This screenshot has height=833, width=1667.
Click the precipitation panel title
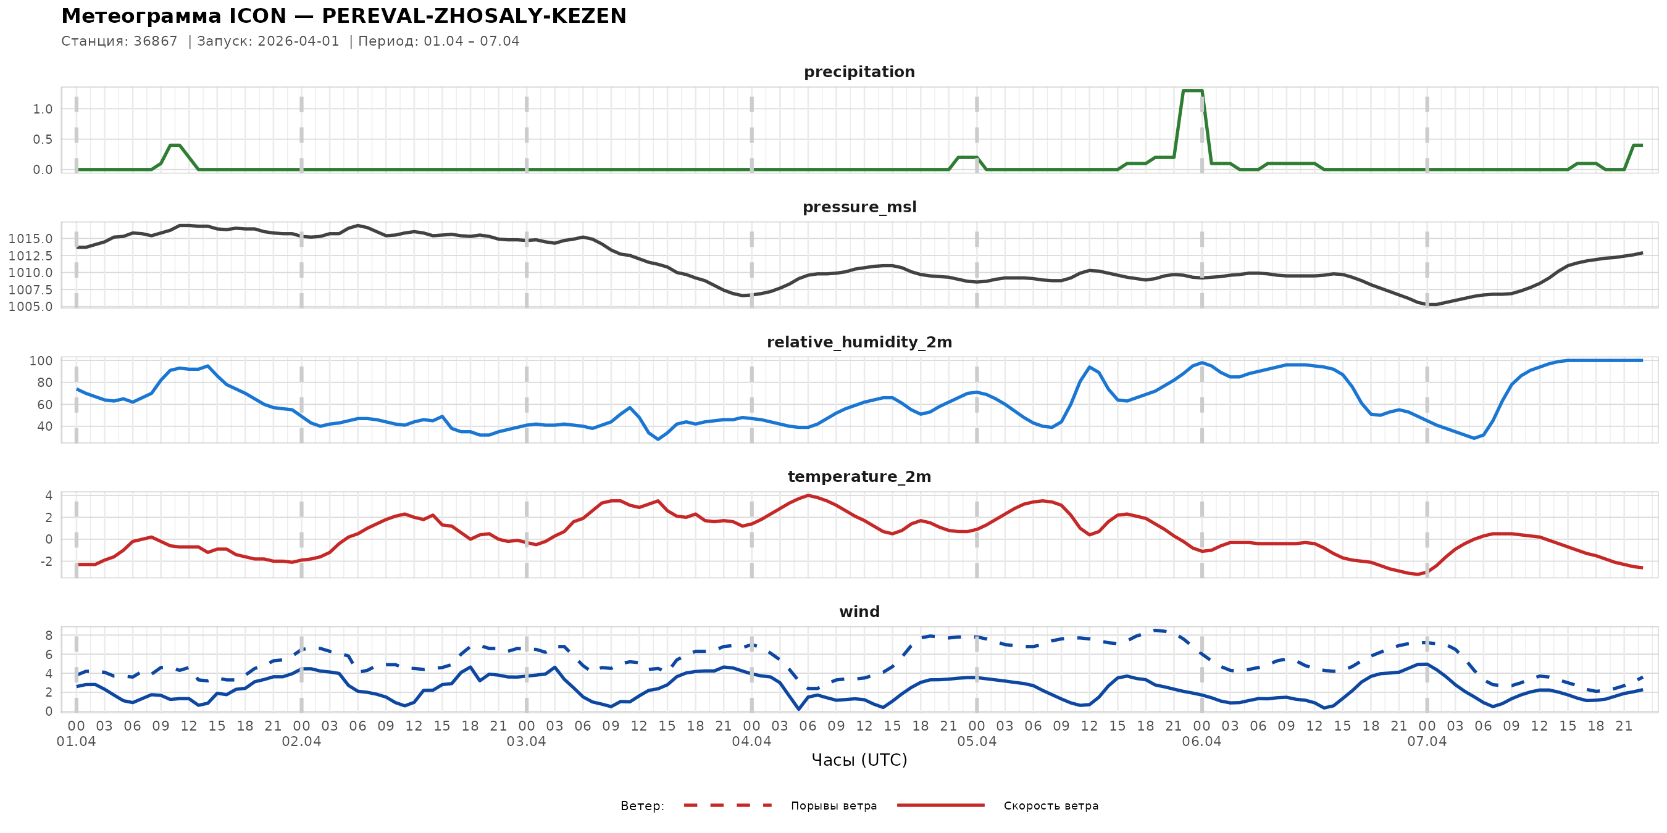tap(859, 72)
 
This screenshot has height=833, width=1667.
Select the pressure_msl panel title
tap(859, 207)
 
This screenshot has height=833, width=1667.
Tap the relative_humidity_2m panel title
tap(859, 342)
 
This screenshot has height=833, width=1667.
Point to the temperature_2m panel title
tap(859, 476)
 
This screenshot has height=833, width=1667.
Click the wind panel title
tap(859, 612)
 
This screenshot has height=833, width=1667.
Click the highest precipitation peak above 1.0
tap(1192, 91)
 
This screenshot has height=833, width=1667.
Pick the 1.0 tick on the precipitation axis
tap(43, 109)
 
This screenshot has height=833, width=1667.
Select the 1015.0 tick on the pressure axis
tap(30, 239)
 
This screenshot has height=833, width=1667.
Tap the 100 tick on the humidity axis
tap(41, 361)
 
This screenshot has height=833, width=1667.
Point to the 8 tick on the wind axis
tap(49, 636)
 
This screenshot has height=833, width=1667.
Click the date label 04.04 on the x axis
tap(751, 742)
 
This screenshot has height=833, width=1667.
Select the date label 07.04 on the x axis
tap(1426, 742)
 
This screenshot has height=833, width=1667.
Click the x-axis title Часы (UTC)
tap(859, 760)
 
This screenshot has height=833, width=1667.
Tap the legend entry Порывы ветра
tap(833, 806)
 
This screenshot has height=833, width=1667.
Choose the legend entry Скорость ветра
tap(1050, 806)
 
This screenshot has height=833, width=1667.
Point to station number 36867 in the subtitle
tap(156, 41)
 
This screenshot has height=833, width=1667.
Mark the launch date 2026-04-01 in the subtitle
tap(298, 41)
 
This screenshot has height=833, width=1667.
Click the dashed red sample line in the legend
tap(728, 805)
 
